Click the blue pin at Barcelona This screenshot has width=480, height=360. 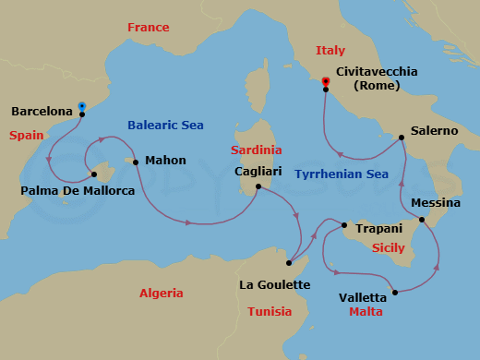pos(82,107)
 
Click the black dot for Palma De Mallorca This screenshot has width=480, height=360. pos(94,174)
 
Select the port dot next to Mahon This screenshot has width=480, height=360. pos(136,163)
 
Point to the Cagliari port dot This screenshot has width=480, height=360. pos(258,187)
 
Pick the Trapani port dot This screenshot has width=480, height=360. pos(343,225)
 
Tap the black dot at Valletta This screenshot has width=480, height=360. pos(395,293)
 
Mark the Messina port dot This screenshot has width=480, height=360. pos(422,220)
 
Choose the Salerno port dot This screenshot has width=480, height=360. pos(402,138)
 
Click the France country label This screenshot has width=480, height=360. pos(148,28)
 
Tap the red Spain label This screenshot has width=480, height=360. pos(27,135)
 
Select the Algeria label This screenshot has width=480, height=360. pos(161,294)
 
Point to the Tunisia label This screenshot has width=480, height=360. pos(270,311)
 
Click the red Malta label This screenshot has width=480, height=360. pos(366,312)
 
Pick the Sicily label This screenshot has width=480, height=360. pos(388,248)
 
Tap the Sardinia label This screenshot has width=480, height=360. pos(257,150)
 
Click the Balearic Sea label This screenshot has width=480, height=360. pos(166,125)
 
